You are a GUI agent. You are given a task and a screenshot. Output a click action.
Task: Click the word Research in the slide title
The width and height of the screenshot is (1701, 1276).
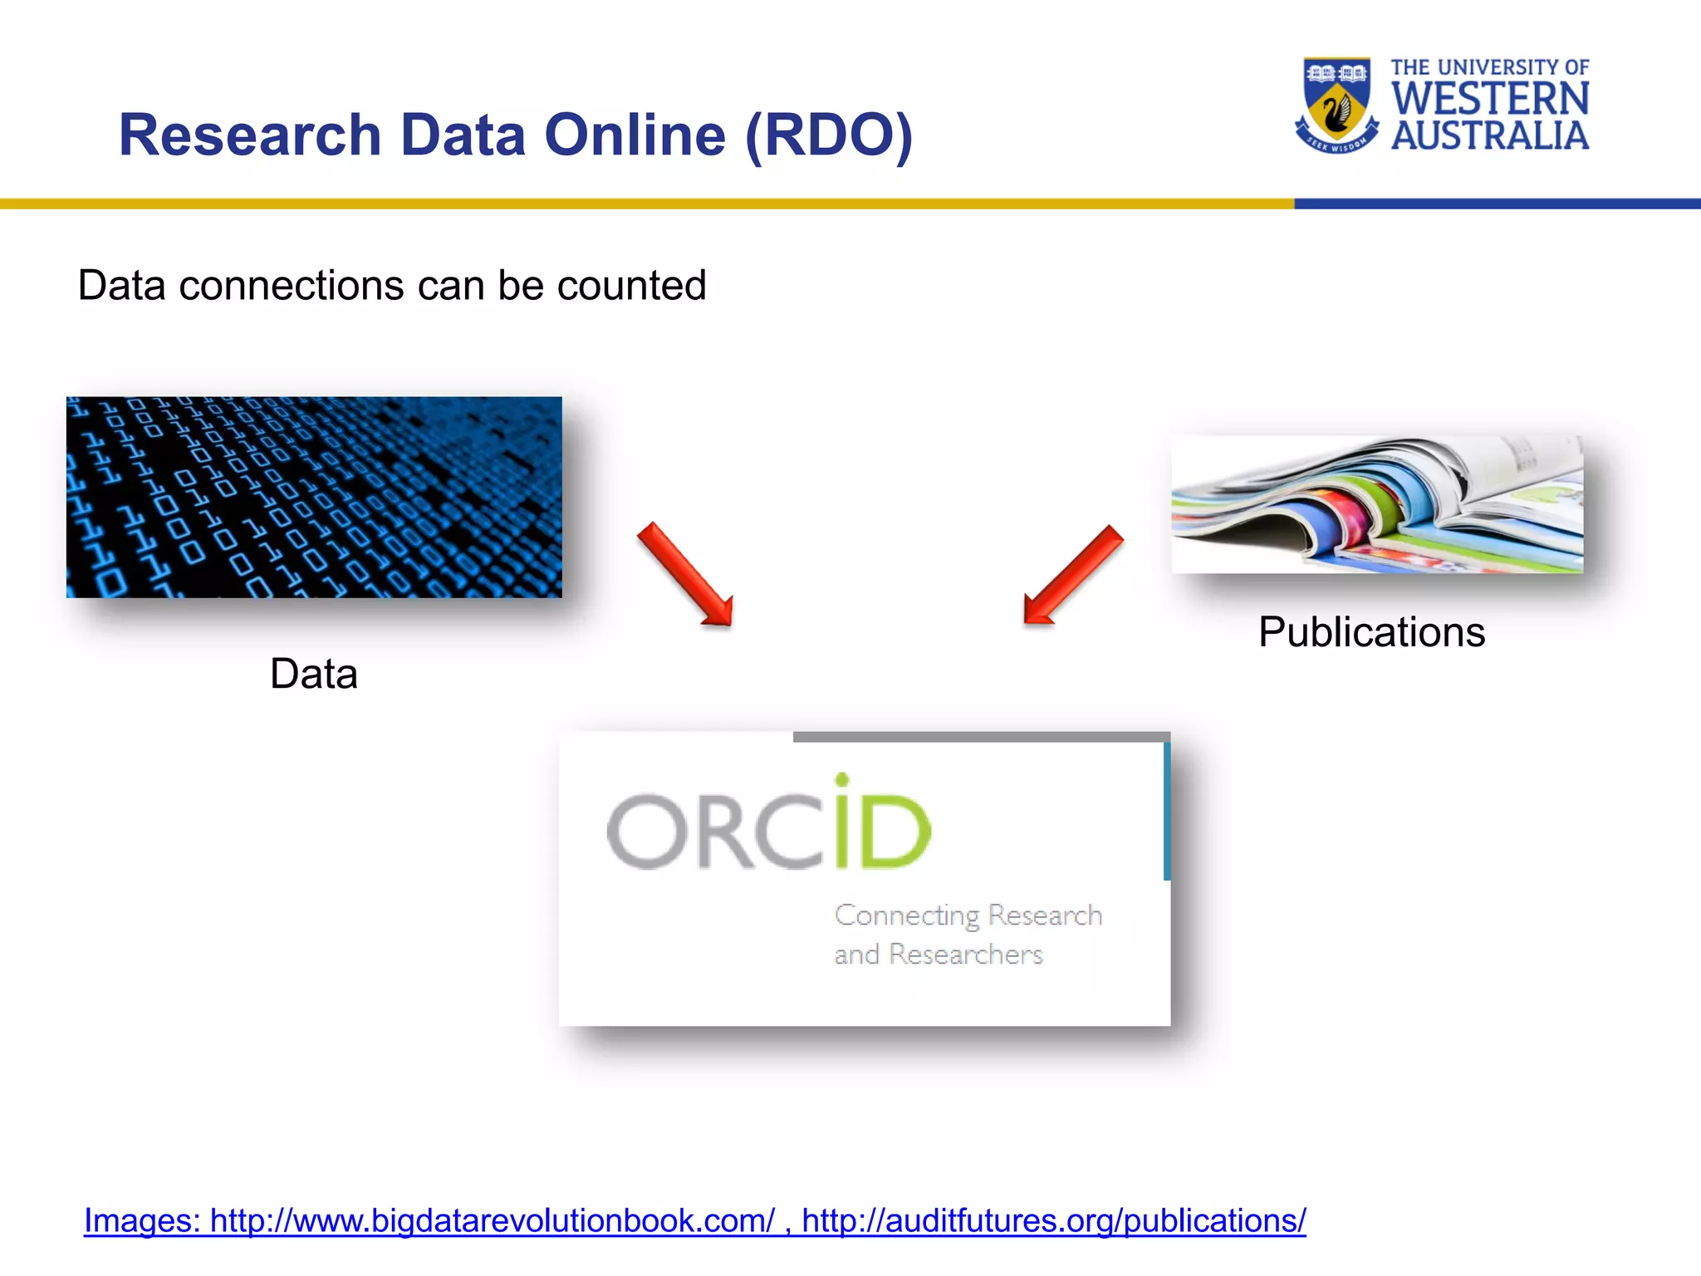pos(249,135)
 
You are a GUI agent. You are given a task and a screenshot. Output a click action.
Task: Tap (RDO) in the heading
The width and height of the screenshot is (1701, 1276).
pos(828,135)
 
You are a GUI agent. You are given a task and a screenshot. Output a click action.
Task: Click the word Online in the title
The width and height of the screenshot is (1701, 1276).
pos(635,135)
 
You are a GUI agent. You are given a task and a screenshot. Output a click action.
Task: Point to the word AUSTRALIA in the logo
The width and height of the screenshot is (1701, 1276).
pos(1490,136)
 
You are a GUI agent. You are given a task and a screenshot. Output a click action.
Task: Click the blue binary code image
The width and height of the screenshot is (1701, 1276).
pos(314,497)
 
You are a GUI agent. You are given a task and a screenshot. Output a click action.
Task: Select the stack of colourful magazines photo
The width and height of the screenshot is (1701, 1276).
pos(1376,504)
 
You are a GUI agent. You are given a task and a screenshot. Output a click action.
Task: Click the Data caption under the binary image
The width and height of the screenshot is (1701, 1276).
pos(314,674)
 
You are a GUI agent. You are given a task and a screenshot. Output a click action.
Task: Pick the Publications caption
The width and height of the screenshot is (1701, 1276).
pos(1371,632)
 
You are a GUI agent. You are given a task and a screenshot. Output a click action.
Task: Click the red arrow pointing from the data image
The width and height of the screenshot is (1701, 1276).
pos(686,575)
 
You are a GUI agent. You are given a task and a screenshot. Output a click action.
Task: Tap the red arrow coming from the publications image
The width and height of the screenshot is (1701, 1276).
pos(1072,575)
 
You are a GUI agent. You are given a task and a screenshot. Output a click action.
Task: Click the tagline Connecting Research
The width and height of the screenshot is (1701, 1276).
pos(968,915)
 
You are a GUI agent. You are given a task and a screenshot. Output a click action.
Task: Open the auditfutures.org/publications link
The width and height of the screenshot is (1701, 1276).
pos(1053,1220)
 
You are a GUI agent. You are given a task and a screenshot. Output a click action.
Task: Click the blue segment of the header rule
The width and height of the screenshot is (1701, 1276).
pos(1495,204)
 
